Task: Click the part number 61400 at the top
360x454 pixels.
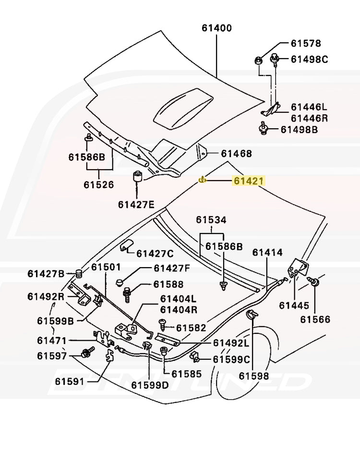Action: point(216,28)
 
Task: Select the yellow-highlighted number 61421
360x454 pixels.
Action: point(248,181)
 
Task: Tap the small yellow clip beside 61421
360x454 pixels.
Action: point(202,180)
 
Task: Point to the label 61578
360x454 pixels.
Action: point(306,43)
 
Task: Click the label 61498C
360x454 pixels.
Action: point(309,59)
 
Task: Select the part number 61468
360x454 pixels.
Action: point(236,154)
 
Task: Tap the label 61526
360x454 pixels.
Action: point(98,184)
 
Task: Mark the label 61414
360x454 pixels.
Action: point(268,252)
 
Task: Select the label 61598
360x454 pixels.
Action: point(254,376)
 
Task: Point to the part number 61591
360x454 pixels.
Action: point(70,381)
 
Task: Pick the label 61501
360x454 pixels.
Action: point(107,267)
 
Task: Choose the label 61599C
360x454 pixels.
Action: point(231,359)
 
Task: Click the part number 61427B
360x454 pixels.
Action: point(46,274)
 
